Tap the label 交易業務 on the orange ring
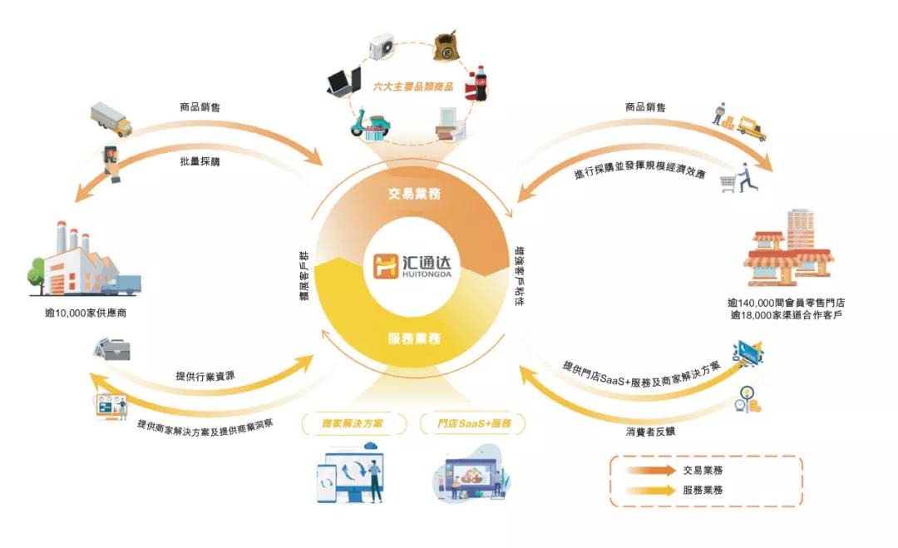tap(414, 194)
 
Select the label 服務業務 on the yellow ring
tap(414, 338)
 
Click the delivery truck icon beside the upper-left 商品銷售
tap(111, 119)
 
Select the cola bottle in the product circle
tap(479, 84)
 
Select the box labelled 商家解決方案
tap(353, 423)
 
